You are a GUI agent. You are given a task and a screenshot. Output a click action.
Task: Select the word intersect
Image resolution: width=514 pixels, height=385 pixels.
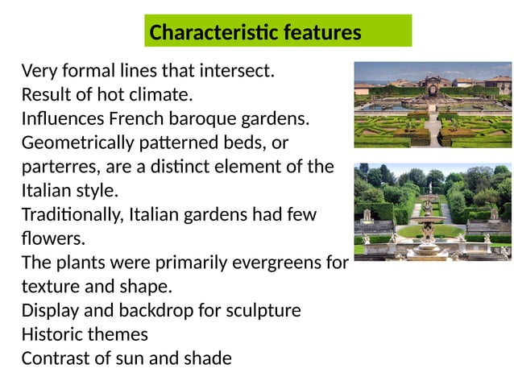tap(238, 71)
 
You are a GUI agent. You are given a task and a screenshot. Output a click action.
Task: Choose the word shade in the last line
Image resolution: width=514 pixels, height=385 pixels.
tap(208, 358)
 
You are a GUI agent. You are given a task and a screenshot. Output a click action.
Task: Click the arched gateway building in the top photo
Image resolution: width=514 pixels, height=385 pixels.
tap(433, 83)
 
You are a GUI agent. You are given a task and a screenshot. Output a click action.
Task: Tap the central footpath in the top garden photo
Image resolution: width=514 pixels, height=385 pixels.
tap(433, 129)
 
